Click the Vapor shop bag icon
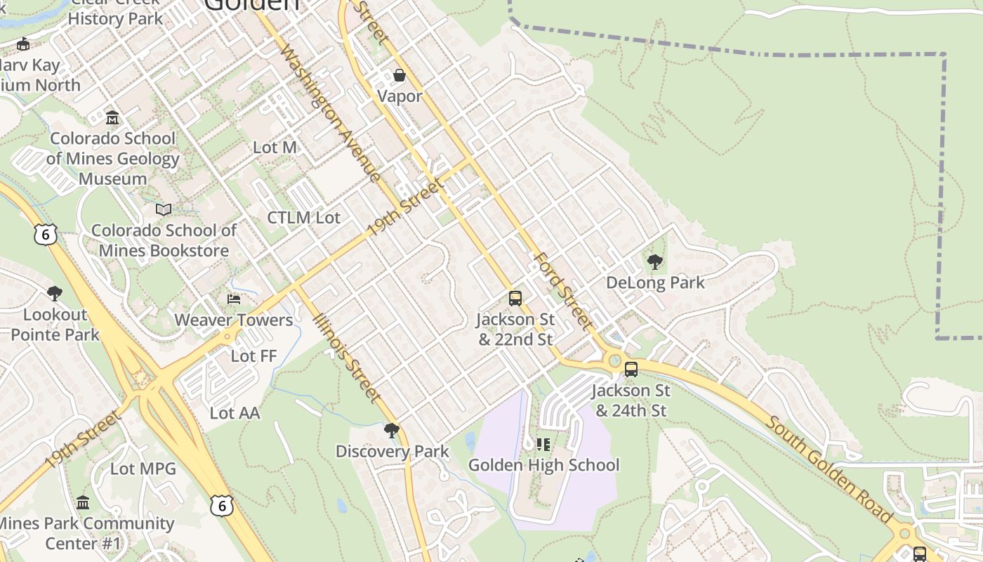[x=400, y=74]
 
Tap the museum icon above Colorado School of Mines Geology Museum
[x=112, y=117]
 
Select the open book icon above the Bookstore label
[x=164, y=209]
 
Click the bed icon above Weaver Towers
[x=234, y=299]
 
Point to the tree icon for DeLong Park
[x=655, y=263]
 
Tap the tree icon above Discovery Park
[x=392, y=431]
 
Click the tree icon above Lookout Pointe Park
[x=54, y=294]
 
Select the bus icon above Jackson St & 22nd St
[x=515, y=299]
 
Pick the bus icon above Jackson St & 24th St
[x=631, y=370]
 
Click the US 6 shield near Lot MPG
[x=221, y=504]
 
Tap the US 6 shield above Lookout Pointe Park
[x=45, y=234]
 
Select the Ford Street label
[x=562, y=290]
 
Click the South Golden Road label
[x=829, y=470]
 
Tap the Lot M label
[x=275, y=148]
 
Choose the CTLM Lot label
[x=303, y=218]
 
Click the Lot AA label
[x=235, y=413]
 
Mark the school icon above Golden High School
[x=543, y=444]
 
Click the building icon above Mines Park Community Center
[x=83, y=502]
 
